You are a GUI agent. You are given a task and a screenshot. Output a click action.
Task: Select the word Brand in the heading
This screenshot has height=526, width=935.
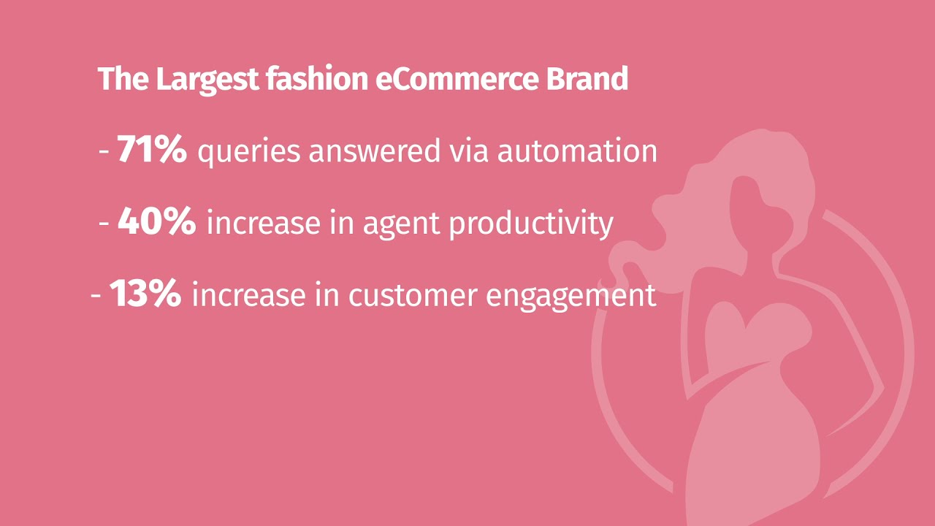(587, 79)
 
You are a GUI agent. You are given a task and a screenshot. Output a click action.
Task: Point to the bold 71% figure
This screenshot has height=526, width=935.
(152, 150)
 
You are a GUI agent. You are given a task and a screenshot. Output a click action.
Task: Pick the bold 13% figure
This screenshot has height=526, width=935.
(145, 294)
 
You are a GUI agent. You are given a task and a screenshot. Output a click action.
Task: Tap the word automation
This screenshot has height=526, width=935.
(577, 150)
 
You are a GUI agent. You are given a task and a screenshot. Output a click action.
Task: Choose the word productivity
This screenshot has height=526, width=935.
(530, 224)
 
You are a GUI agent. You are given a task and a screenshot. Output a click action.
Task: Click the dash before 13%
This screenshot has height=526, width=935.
(96, 296)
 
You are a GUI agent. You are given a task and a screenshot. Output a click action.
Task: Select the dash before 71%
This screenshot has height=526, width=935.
(104, 152)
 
